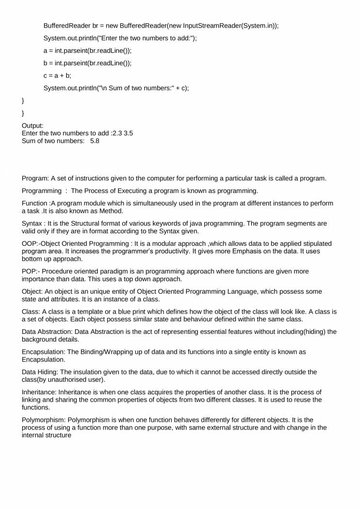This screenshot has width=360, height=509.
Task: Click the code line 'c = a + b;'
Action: (x=57, y=75)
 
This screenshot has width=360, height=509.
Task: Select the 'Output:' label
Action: (x=33, y=125)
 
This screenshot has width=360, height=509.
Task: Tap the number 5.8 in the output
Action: (x=94, y=141)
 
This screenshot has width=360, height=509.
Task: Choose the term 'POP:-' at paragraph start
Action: (x=31, y=271)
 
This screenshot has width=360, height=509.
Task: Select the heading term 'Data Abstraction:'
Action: (x=47, y=331)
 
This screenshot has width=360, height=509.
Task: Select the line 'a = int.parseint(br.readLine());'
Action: (x=88, y=50)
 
